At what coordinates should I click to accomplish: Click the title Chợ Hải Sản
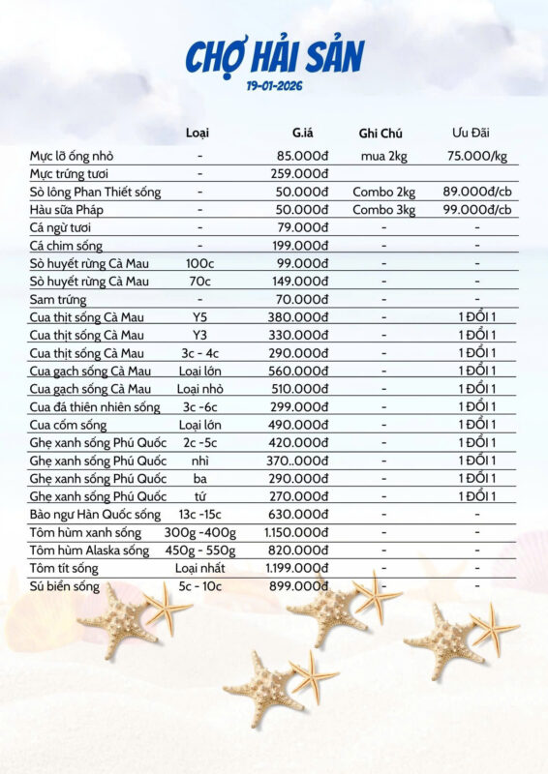coord(274,55)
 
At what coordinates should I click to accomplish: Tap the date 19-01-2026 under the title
coord(274,86)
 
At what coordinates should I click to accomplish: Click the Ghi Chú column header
coord(381,133)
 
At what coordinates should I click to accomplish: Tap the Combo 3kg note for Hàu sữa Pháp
coord(383,209)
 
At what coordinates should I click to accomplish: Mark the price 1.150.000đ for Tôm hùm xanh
coord(296,532)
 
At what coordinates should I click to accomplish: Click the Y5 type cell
coord(199,317)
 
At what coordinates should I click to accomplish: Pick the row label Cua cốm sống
coord(68,425)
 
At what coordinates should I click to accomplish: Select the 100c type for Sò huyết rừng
coord(199,263)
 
